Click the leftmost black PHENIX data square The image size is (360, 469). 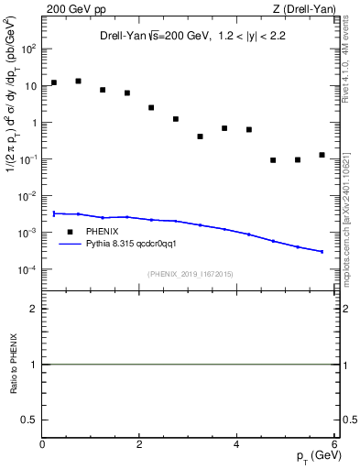54,82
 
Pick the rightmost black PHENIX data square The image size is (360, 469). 322,155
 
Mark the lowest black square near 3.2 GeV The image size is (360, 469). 200,136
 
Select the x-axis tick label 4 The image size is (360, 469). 236,445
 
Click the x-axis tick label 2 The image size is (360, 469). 139,445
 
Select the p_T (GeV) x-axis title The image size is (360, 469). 312,457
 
